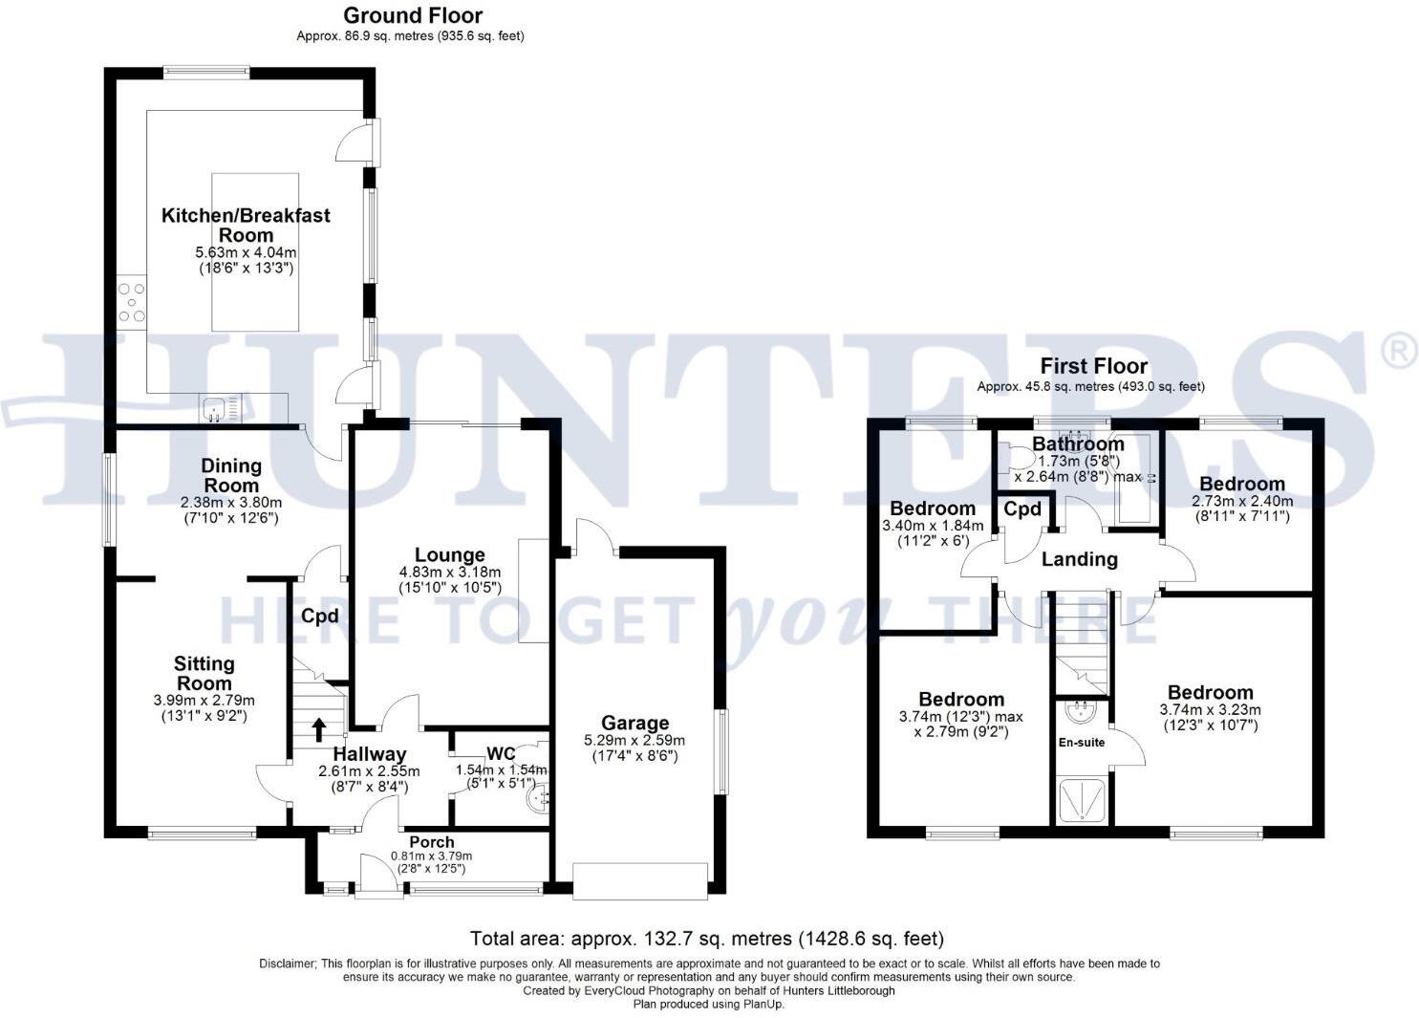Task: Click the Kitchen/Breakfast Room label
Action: click(x=246, y=225)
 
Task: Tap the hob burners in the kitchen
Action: click(x=132, y=302)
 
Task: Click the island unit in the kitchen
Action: click(x=253, y=251)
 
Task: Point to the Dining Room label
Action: click(x=231, y=475)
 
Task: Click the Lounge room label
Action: click(x=449, y=554)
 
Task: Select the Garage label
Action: click(x=634, y=723)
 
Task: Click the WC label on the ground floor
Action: click(x=501, y=753)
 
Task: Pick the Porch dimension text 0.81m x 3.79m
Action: click(x=431, y=856)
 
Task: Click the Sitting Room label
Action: click(x=204, y=673)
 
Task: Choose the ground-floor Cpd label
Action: click(x=319, y=617)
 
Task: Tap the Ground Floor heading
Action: click(x=413, y=15)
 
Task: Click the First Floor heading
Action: click(x=1093, y=366)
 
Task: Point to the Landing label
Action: click(x=1079, y=559)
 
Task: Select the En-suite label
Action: click(x=1081, y=742)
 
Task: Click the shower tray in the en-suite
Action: click(x=1083, y=801)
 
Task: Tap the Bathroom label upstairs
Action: click(x=1078, y=444)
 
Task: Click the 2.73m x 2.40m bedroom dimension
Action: click(x=1241, y=501)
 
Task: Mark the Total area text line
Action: click(x=706, y=938)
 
